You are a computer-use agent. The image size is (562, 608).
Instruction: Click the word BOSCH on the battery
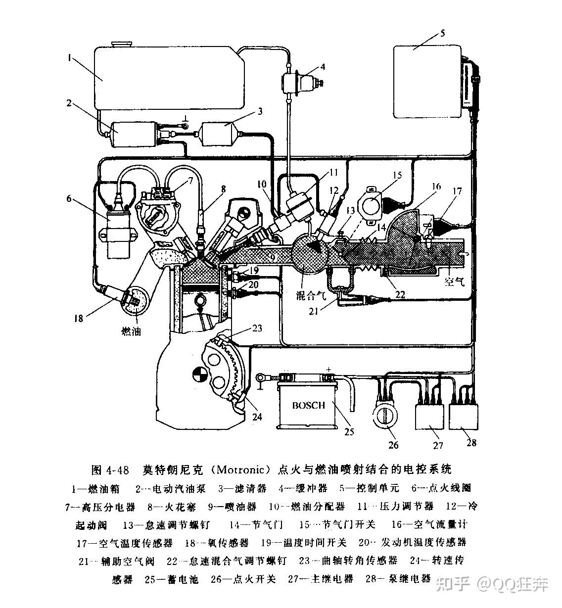click(308, 405)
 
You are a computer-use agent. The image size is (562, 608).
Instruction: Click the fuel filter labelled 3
click(218, 134)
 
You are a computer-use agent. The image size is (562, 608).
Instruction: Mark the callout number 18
click(78, 319)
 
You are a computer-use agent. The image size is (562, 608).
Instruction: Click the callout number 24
click(257, 417)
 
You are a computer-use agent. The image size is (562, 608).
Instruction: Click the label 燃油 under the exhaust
click(131, 331)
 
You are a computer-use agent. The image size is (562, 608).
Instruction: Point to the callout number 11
click(333, 173)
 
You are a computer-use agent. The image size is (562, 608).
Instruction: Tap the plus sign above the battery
click(328, 369)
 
